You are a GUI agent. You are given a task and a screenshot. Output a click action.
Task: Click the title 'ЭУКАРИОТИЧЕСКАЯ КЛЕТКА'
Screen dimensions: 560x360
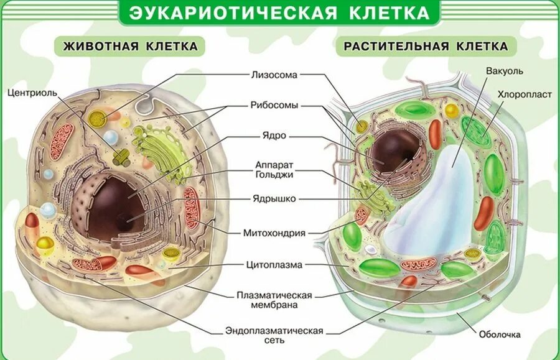click(x=279, y=12)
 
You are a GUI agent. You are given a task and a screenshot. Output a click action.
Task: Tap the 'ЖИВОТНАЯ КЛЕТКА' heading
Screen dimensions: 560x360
click(x=129, y=46)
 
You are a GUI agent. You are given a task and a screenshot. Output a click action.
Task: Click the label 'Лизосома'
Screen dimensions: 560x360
click(x=274, y=75)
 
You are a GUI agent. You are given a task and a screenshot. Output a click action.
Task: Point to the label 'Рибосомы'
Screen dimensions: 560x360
click(x=274, y=105)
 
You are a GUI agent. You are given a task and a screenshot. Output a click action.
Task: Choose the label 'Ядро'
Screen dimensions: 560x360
click(x=274, y=135)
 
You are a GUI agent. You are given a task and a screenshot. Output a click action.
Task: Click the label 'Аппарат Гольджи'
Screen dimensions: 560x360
click(x=274, y=170)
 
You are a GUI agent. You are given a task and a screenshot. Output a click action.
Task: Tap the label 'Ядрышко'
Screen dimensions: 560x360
click(x=274, y=199)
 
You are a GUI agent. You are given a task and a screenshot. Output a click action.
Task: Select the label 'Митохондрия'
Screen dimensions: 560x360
click(x=274, y=233)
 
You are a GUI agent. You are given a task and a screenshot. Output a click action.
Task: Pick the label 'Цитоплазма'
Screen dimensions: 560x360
click(x=274, y=265)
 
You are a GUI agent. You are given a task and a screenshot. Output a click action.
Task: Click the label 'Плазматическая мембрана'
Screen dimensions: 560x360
click(x=274, y=300)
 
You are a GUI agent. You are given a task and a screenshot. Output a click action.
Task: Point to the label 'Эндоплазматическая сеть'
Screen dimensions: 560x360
click(x=274, y=335)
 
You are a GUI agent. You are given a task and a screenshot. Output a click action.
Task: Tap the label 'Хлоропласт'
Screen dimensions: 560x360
click(x=516, y=95)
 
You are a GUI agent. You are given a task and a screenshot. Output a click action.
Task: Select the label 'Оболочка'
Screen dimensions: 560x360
click(x=500, y=335)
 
